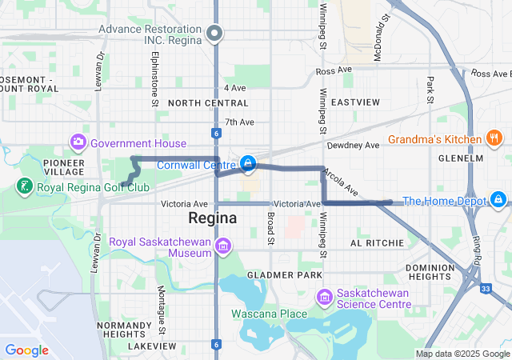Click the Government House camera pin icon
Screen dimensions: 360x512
[78, 143]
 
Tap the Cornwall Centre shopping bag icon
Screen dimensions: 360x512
[249, 165]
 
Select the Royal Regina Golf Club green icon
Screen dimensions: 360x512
[25, 187]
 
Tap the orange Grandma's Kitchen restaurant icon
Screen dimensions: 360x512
[494, 139]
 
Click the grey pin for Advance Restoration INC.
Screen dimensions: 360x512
[214, 33]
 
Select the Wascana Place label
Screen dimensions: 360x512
[269, 314]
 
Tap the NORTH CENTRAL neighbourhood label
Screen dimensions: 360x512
[208, 103]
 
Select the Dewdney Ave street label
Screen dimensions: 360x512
[353, 146]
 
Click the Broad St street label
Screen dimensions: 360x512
[270, 228]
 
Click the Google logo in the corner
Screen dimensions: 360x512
[26, 350]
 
